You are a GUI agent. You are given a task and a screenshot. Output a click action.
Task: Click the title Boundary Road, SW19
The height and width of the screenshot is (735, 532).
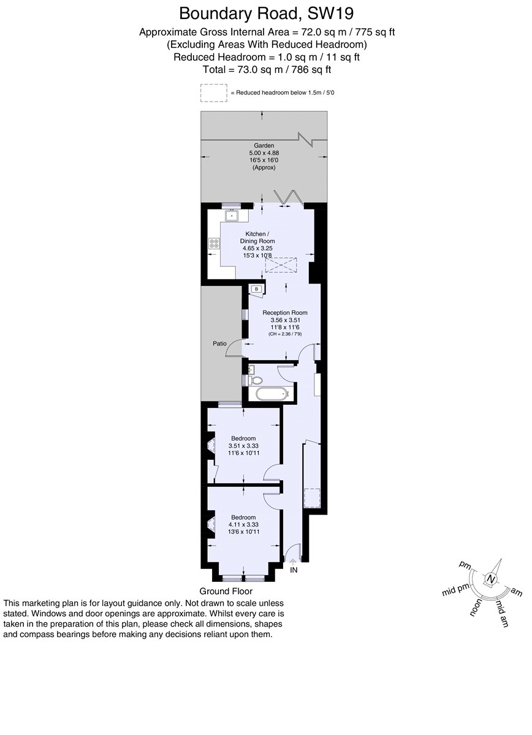[x=267, y=14]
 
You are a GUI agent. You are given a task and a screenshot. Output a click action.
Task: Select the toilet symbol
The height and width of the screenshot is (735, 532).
[x=256, y=380]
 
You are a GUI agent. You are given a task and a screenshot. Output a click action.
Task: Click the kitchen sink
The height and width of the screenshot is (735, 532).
[x=232, y=216]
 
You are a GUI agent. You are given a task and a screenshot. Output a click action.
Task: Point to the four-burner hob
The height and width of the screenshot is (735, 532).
[x=214, y=243]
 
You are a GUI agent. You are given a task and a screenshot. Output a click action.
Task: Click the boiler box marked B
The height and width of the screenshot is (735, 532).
[x=257, y=289]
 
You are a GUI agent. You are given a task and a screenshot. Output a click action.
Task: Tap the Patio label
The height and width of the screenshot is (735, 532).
[x=219, y=344]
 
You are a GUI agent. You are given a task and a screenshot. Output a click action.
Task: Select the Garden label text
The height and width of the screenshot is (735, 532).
[x=264, y=145]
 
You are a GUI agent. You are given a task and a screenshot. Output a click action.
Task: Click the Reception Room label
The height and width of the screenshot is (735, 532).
[x=285, y=313]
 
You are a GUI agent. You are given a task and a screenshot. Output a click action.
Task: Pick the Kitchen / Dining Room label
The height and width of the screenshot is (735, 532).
[x=257, y=237]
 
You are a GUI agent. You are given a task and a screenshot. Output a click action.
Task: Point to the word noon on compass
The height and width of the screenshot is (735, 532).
[x=476, y=608]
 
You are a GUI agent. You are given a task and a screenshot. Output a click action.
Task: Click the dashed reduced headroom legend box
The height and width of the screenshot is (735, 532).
[x=214, y=93]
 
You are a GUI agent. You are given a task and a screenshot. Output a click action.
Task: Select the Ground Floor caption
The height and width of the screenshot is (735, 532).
[x=226, y=591]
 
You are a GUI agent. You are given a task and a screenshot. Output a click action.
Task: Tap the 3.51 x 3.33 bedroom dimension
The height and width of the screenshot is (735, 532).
[x=243, y=446]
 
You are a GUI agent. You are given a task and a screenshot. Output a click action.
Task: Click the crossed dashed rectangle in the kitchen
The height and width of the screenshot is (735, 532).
[x=281, y=265]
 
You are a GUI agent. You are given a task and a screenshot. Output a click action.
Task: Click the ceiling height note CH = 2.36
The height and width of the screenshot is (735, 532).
[x=285, y=334]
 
